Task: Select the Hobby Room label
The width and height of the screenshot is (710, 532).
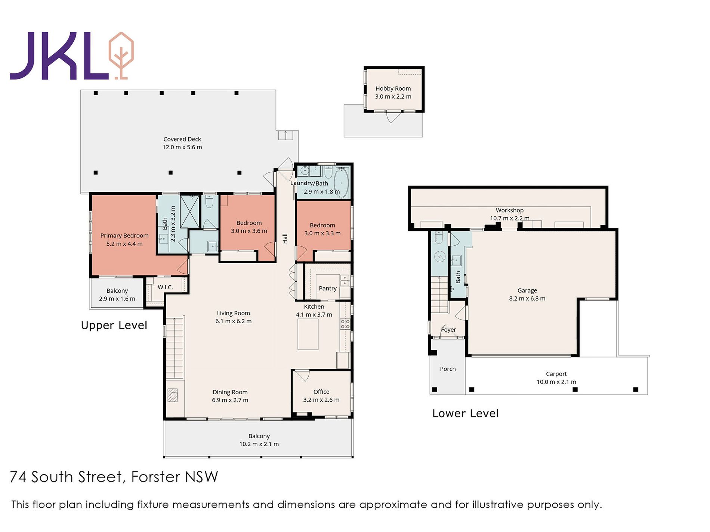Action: click(393, 88)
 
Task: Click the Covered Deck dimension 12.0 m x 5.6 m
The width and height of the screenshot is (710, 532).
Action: click(182, 147)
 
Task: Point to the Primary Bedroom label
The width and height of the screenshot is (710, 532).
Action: click(124, 236)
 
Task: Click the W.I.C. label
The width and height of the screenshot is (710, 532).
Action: click(165, 287)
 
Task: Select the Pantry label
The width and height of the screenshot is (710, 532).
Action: click(328, 288)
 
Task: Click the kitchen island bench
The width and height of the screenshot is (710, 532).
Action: click(308, 334)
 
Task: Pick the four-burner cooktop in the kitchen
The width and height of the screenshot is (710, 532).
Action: click(345, 324)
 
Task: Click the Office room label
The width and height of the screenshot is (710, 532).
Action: click(321, 392)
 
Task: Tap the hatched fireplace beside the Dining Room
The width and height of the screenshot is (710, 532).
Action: click(173, 395)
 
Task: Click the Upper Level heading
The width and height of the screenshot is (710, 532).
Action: click(114, 325)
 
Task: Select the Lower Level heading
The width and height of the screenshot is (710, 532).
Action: click(465, 413)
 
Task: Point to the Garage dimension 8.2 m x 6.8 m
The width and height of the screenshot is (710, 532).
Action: click(527, 298)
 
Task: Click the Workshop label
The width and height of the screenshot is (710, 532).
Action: click(509, 210)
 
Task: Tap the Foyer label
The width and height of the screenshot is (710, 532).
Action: click(448, 330)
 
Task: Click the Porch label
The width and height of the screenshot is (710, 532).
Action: click(448, 369)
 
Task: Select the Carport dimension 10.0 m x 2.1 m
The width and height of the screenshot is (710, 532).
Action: click(556, 382)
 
